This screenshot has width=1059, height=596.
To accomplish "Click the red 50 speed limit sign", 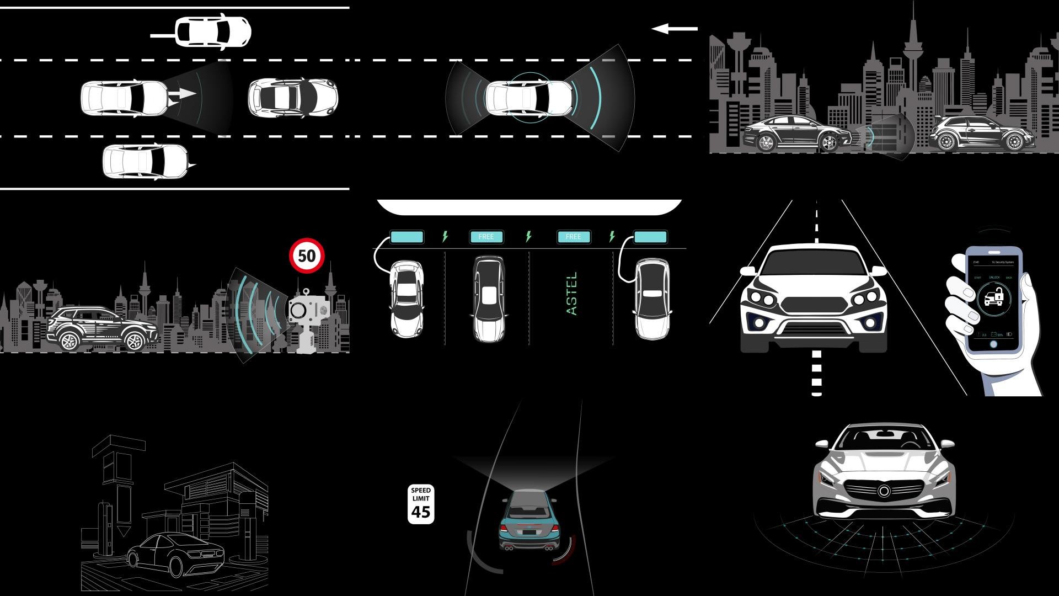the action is tap(307, 256).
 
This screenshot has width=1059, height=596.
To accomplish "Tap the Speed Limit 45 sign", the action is tap(421, 504).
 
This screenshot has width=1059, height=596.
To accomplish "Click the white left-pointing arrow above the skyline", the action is tap(674, 29).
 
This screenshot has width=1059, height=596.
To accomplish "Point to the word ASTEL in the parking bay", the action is tap(572, 293).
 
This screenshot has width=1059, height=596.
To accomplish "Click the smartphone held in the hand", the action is tap(993, 301).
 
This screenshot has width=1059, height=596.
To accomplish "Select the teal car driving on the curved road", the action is tap(528, 520).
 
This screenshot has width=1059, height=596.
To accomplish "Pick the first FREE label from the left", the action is tap(486, 237).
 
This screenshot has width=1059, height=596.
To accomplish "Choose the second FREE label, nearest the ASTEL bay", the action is tap(574, 237).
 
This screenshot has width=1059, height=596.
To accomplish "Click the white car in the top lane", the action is tap(213, 32).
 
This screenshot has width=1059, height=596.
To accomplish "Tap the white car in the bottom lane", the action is tap(146, 162).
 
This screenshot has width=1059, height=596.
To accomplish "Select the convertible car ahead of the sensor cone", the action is tap(292, 98).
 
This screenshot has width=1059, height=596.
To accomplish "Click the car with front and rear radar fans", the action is tap(528, 98).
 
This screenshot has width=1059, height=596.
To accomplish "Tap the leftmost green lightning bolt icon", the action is tap(445, 237).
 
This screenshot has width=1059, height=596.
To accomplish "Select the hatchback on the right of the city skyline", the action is tap(976, 134).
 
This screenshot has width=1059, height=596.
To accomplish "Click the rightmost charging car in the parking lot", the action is tap(652, 299).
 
